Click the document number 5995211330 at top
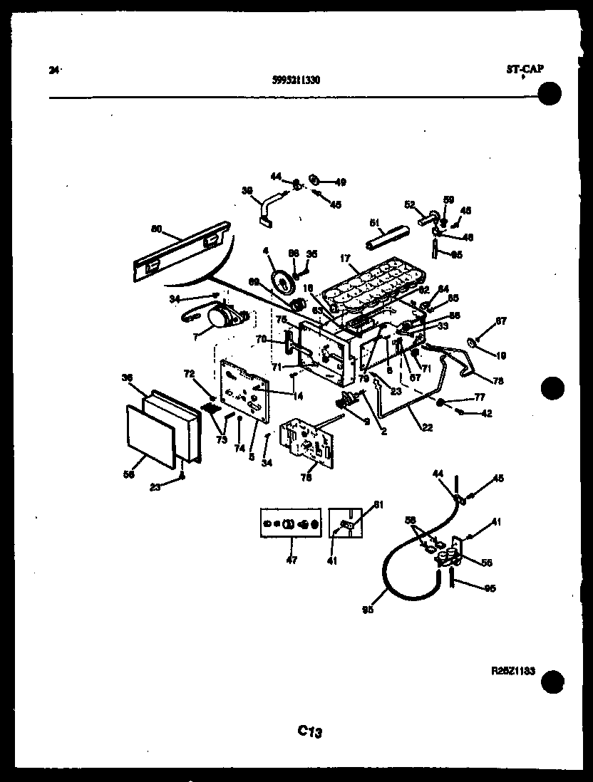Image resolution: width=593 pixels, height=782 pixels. (x=296, y=80)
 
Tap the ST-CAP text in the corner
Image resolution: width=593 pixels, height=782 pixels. (x=525, y=69)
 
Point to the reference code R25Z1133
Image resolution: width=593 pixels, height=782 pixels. (x=513, y=670)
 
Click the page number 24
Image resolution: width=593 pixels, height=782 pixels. (x=53, y=70)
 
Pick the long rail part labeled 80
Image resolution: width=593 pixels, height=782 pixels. (x=182, y=251)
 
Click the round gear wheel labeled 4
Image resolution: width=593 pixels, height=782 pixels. (x=286, y=283)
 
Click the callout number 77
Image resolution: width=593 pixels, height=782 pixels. (x=479, y=398)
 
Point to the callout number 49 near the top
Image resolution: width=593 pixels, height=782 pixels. (x=340, y=181)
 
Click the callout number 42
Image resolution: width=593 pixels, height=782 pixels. (x=486, y=413)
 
